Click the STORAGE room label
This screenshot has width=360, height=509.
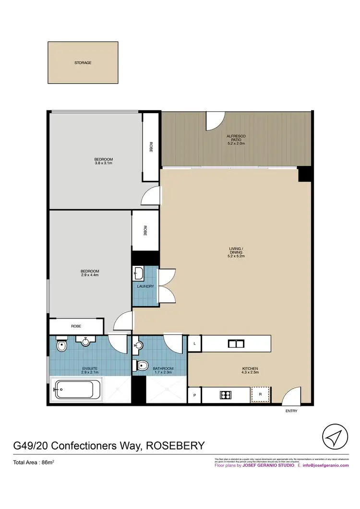click(83, 63)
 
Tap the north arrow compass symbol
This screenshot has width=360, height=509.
click(334, 437)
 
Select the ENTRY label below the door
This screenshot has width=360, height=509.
click(291, 412)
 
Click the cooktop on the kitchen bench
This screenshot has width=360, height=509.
click(226, 395)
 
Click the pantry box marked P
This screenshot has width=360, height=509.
click(194, 395)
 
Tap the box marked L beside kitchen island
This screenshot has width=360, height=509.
click(194, 343)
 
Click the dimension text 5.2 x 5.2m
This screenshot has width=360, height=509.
click(237, 257)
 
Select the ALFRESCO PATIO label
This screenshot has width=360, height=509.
click(236, 140)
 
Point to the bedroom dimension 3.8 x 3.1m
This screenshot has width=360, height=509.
click(103, 163)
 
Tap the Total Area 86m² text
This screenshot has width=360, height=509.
click(33, 463)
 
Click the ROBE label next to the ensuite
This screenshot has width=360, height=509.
click(76, 326)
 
